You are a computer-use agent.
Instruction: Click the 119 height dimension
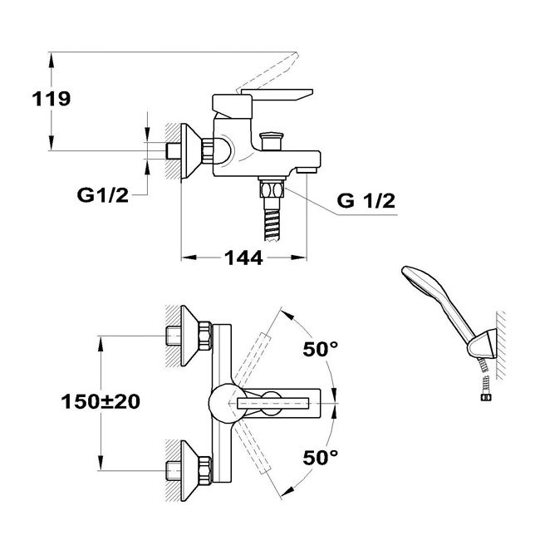point(52,99)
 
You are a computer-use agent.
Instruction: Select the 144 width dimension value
point(243,258)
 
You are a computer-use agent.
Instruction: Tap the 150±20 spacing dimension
point(101,401)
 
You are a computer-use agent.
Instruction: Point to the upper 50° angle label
point(320,349)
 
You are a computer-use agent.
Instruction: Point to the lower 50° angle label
point(320,457)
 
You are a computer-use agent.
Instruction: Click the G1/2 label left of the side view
point(103,195)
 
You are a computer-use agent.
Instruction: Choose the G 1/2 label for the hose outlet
point(366,200)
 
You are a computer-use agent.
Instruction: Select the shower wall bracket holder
point(482,344)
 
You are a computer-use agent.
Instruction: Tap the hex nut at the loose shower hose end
point(484,397)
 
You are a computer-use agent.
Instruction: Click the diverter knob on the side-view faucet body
point(272,141)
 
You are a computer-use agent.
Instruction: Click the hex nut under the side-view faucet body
point(272,189)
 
